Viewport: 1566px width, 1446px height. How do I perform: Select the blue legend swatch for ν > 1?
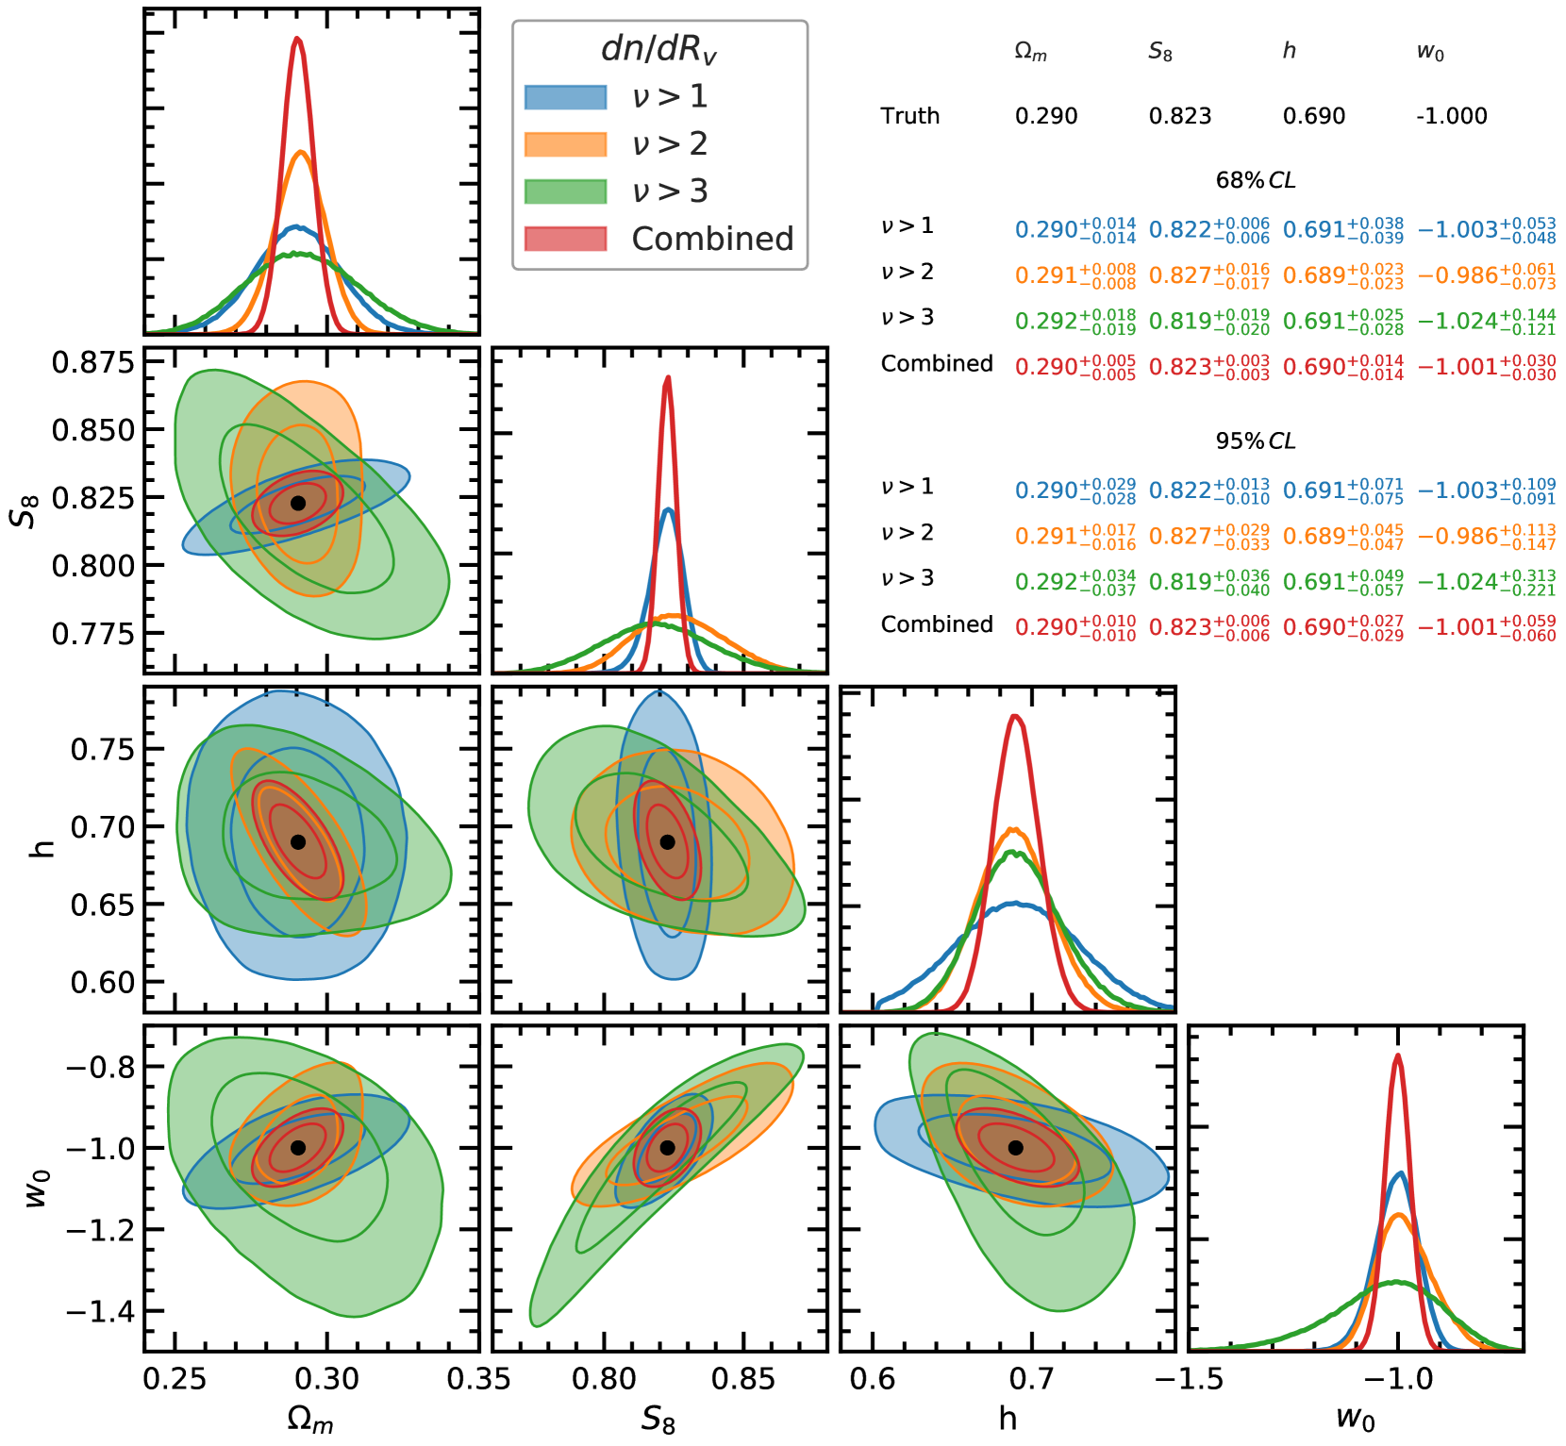(x=565, y=97)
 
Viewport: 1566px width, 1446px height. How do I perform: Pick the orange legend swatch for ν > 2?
(x=565, y=144)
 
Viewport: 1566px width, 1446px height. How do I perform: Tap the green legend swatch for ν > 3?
(x=565, y=191)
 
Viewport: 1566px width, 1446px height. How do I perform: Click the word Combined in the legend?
(x=712, y=240)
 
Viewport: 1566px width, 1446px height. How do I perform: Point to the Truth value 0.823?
(x=1179, y=116)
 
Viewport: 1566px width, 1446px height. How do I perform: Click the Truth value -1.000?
(x=1451, y=116)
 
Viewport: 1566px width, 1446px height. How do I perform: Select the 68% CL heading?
(x=1255, y=180)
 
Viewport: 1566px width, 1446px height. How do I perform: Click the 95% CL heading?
(x=1255, y=440)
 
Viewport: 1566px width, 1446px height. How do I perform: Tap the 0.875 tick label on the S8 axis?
(x=93, y=362)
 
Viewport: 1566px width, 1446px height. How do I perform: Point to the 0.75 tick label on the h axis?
(x=103, y=750)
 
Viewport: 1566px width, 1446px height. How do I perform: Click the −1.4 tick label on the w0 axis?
(x=99, y=1311)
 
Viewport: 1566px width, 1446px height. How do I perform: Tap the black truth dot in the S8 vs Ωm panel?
(x=298, y=503)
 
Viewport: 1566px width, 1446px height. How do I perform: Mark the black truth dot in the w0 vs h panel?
(x=1015, y=1148)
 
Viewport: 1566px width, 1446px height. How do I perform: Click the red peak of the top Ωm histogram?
(x=297, y=39)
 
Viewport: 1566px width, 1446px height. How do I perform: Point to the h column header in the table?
(x=1289, y=51)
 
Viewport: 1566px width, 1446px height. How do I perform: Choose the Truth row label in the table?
(x=909, y=116)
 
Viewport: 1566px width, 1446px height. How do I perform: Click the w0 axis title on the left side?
(x=35, y=1188)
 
